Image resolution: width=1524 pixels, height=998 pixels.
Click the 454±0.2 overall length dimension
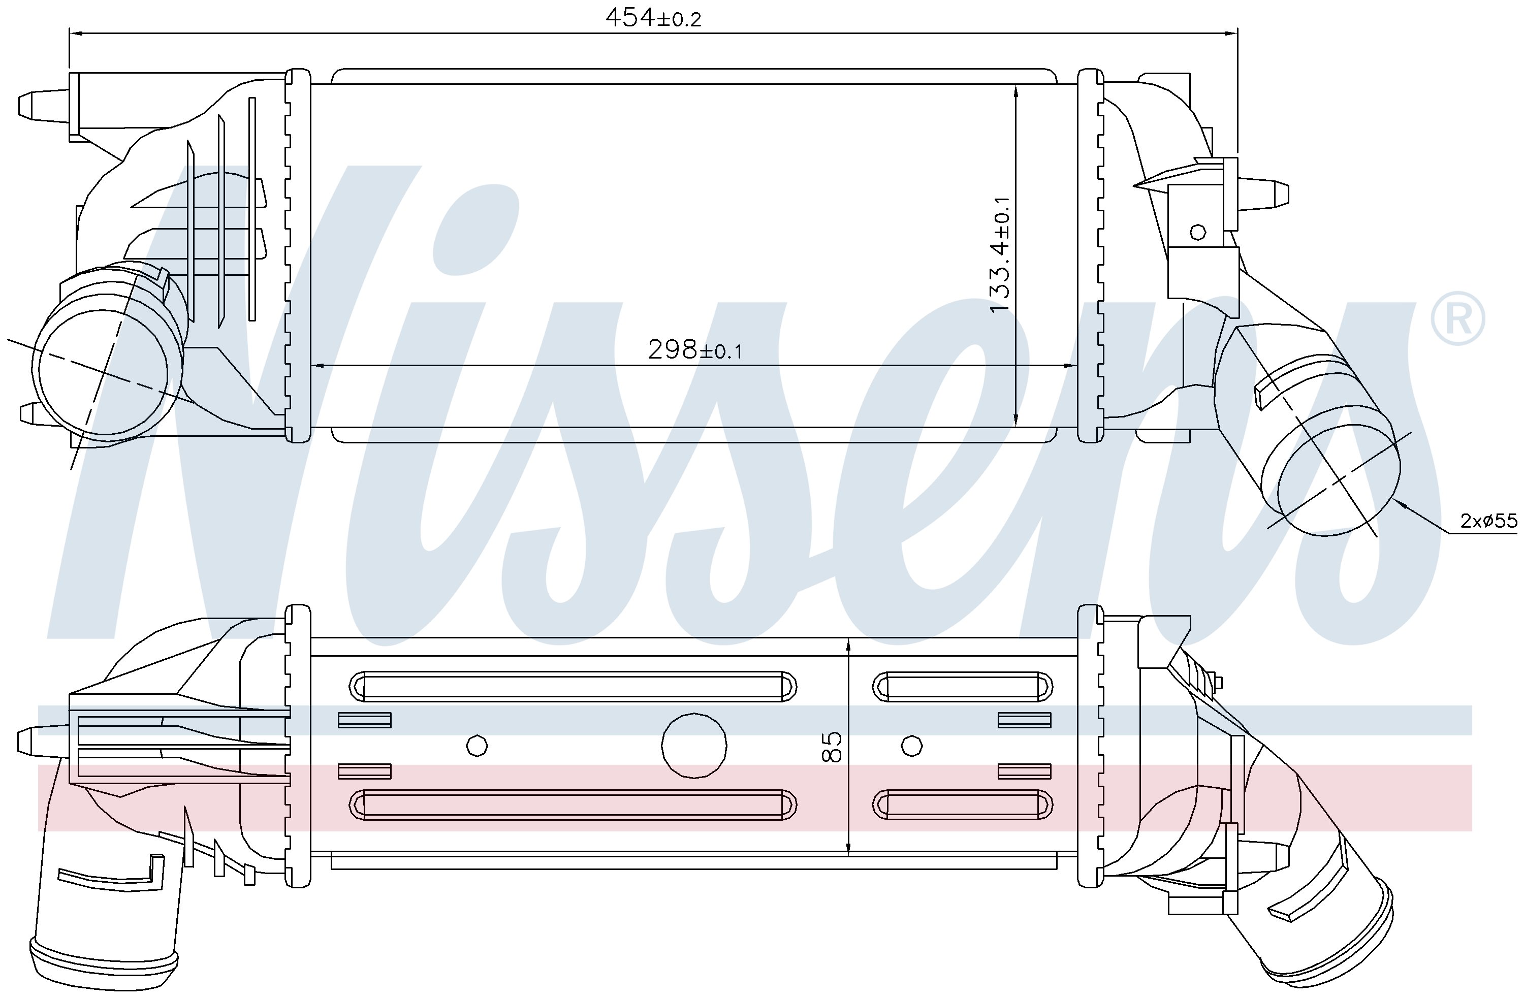tap(653, 17)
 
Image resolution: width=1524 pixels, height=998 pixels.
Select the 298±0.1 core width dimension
tap(695, 349)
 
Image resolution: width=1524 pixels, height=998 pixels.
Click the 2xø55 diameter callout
tap(1488, 521)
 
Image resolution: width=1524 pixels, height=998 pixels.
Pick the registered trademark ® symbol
tap(1458, 319)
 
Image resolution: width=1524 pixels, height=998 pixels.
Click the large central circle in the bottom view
tap(694, 745)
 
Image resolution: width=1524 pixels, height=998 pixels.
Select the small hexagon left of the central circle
tap(477, 745)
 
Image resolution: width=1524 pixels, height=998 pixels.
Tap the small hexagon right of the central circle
tap(911, 745)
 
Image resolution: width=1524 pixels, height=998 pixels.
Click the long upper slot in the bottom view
tap(573, 687)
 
